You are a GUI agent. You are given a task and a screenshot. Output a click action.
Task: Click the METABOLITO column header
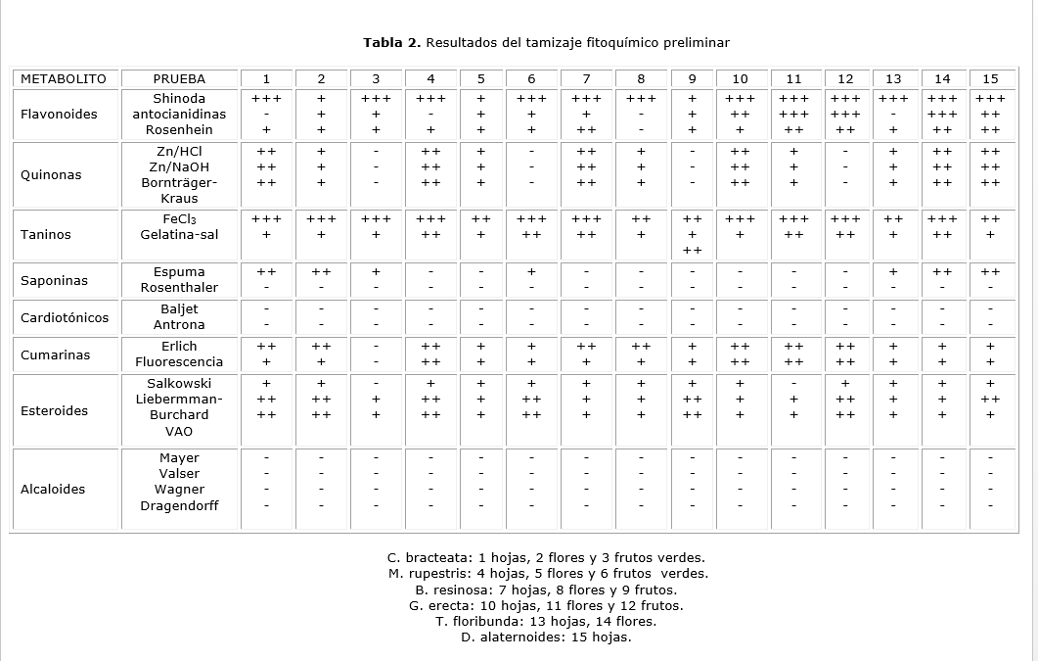64,78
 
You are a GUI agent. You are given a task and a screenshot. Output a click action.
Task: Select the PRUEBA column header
179,78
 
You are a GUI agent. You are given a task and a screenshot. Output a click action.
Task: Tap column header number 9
692,78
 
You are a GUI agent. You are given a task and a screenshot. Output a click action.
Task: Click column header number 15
990,78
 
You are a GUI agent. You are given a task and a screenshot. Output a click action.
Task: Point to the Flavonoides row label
59,114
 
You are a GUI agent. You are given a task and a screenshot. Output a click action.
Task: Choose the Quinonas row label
51,175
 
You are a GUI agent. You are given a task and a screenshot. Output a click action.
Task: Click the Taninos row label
46,235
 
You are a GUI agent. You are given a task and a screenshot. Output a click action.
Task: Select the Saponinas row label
54,280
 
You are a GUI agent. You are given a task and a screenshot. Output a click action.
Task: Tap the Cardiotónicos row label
65,317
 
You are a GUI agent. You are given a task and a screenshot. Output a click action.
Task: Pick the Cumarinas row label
55,354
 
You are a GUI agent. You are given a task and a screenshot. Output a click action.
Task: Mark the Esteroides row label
54,410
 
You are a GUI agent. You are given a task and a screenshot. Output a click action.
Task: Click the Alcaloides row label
53,489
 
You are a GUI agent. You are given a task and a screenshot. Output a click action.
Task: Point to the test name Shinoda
179,98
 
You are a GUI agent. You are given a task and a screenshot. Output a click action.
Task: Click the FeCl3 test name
179,219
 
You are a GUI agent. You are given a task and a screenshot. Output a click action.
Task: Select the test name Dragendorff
179,505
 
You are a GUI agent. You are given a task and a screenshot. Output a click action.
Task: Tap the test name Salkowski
179,383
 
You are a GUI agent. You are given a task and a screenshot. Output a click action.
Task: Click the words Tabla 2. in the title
391,42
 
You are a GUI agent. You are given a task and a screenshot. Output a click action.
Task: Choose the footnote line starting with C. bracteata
545,557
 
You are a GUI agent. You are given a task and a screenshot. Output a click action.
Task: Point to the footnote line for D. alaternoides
545,637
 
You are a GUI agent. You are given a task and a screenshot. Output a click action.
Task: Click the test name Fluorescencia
179,361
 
